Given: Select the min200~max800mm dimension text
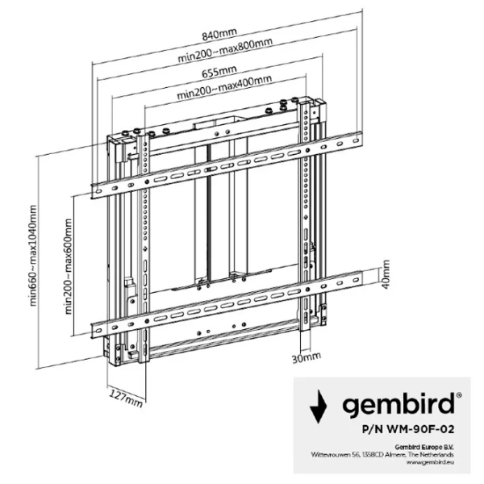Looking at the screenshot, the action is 225,50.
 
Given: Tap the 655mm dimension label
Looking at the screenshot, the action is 219,71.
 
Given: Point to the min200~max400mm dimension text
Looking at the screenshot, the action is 224,87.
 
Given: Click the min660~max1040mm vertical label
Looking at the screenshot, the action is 33,256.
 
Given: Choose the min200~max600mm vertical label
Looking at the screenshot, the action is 69,266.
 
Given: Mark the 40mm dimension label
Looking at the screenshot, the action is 386,274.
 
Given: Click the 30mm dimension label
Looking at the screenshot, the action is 307,357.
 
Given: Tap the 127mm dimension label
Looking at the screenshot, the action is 127,398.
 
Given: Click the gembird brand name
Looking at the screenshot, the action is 398,405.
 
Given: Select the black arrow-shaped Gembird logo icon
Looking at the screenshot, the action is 319,407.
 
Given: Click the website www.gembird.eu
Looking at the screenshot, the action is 430,462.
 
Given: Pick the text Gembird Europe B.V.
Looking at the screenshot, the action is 424,447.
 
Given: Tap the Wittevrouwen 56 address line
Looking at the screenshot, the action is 382,455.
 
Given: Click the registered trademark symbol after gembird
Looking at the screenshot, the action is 459,394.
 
